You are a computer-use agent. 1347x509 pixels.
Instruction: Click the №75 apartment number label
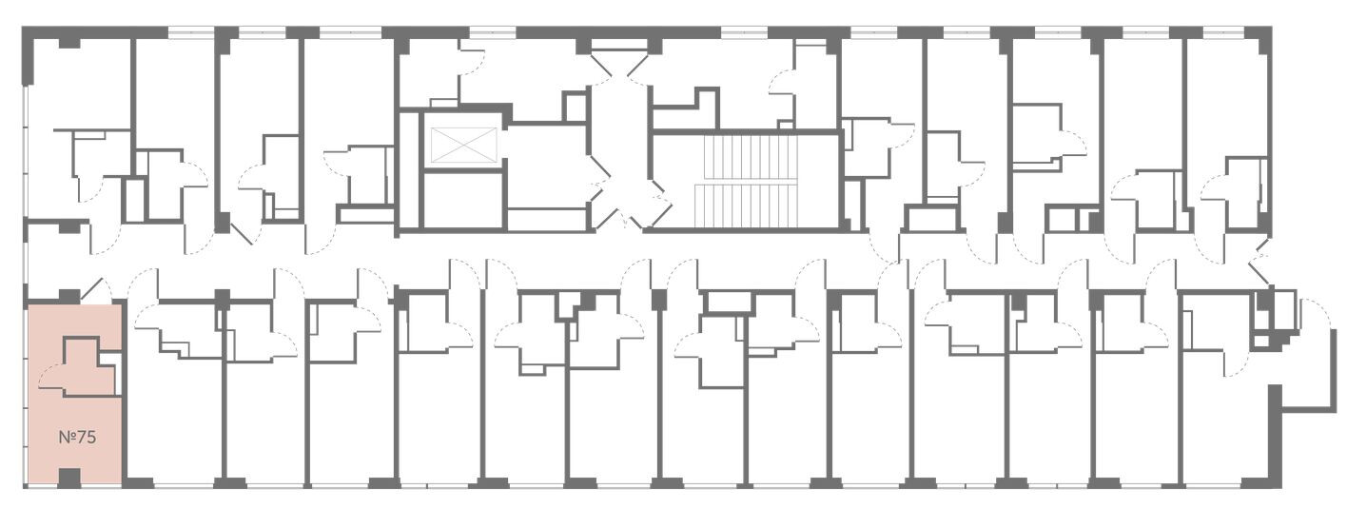(78, 438)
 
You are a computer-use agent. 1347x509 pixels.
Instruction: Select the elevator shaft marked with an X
(465, 145)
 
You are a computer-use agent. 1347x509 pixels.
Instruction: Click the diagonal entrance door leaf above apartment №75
(92, 289)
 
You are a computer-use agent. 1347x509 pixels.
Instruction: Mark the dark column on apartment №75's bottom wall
(68, 478)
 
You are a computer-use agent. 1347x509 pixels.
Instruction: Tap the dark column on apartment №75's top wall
(68, 296)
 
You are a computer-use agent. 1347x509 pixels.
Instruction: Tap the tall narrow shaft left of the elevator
(411, 170)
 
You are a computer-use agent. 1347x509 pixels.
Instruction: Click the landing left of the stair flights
(673, 182)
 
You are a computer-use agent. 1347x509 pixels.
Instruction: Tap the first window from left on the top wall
(190, 32)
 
